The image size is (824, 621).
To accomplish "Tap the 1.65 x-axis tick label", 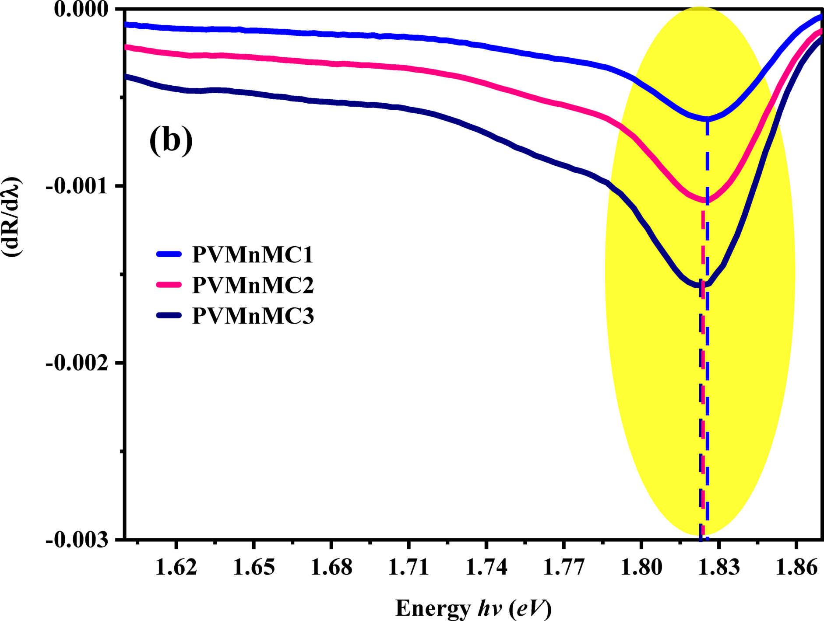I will [254, 567].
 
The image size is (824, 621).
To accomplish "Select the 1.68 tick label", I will [331, 567].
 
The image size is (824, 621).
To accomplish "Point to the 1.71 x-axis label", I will [408, 567].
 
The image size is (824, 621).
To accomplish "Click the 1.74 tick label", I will [486, 567].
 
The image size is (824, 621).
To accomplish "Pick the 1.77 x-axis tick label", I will [563, 567].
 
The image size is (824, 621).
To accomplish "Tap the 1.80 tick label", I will [641, 567].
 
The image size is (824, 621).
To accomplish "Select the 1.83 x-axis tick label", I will [718, 567].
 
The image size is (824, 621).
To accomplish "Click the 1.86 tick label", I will [796, 567].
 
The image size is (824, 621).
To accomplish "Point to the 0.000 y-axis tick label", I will [81, 10].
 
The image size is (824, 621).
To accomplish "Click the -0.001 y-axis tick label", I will [77, 186].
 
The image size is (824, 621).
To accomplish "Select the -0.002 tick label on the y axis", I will [77, 363].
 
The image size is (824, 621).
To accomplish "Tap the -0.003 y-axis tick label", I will [77, 540].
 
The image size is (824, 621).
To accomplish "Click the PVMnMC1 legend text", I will [253, 255].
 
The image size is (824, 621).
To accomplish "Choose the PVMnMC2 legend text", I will [253, 285].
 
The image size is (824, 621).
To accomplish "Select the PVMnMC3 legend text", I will [253, 316].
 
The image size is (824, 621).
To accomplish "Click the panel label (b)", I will [171, 141].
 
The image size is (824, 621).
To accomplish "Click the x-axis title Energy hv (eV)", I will [473, 608].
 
